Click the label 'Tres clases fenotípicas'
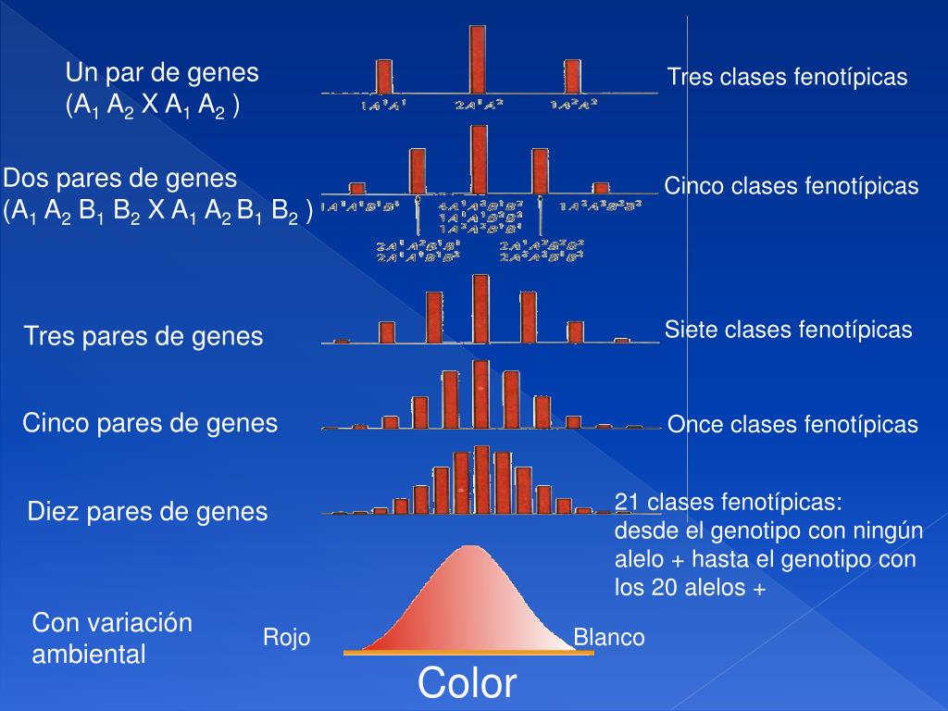click(788, 78)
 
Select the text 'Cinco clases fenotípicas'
click(792, 187)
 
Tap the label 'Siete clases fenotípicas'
click(789, 330)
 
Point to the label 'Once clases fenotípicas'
click(792, 425)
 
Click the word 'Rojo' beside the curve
click(287, 638)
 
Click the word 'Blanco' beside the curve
click(609, 638)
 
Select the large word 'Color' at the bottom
click(467, 684)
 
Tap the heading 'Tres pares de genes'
click(143, 336)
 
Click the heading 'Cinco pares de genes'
click(150, 424)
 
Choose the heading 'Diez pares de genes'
click(148, 511)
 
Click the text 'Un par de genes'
click(162, 73)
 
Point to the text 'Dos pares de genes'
click(120, 178)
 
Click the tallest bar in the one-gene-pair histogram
click(478, 57)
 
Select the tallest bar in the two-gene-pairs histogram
click(479, 159)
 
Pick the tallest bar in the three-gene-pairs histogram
click(480, 308)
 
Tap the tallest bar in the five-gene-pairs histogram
click(480, 393)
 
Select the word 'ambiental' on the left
click(89, 655)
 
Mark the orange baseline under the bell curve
click(468, 653)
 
